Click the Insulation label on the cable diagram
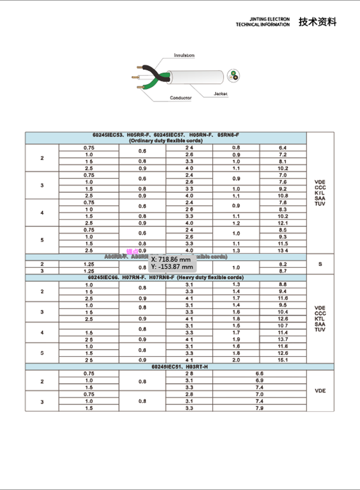point(184,55)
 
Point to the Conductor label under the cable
point(180,97)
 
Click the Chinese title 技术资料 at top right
point(317,22)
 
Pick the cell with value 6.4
point(283,148)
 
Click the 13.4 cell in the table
point(283,250)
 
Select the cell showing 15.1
point(283,360)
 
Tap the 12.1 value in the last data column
point(283,223)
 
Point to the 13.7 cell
point(283,339)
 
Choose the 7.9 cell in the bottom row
point(259,408)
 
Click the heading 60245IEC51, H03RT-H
point(179,366)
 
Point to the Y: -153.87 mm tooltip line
point(172,267)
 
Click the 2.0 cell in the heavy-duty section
point(236,360)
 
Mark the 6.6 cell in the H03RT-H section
point(259,374)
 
